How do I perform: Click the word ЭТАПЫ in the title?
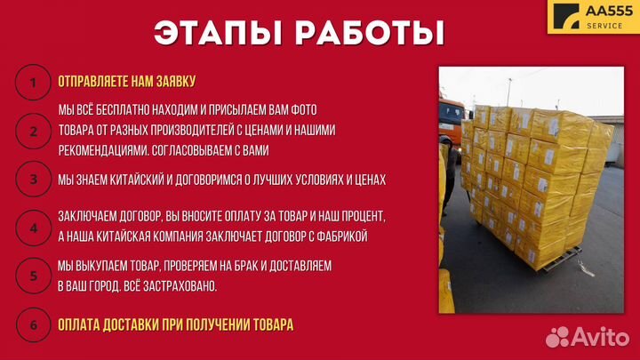(217, 33)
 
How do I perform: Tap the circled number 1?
(33, 83)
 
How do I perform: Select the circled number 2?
(33, 131)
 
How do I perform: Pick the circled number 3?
(33, 179)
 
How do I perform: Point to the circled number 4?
(33, 227)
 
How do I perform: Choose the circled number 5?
(33, 276)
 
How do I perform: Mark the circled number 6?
(33, 324)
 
